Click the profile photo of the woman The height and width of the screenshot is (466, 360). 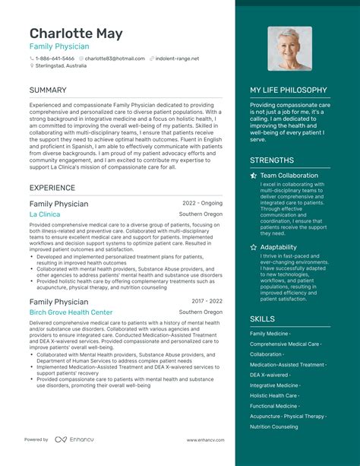click(x=289, y=49)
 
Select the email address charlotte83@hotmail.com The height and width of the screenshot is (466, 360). click(x=115, y=59)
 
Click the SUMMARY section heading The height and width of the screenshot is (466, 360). click(x=48, y=90)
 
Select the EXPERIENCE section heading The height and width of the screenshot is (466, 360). click(x=52, y=188)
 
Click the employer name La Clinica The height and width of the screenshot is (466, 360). click(x=45, y=214)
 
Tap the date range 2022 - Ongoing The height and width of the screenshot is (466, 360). click(x=202, y=204)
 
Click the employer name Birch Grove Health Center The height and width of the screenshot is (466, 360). click(x=71, y=312)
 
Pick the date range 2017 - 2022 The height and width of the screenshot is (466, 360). click(x=207, y=302)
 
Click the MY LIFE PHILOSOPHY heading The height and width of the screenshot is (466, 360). click(x=299, y=90)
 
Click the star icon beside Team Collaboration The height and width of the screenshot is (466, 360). click(x=254, y=176)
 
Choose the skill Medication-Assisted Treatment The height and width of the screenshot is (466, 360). click(x=287, y=364)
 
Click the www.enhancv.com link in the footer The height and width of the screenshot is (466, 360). click(x=204, y=439)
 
